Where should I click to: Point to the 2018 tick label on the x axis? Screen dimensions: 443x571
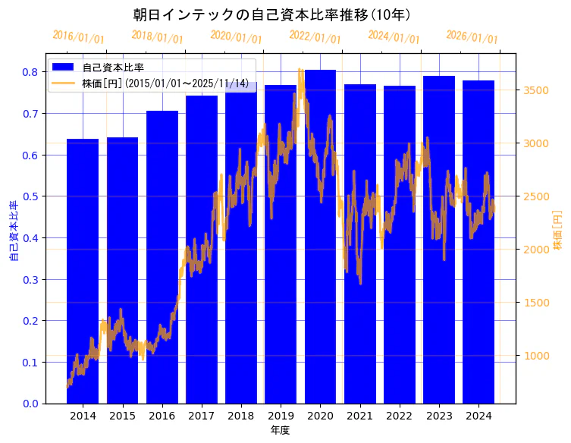240,416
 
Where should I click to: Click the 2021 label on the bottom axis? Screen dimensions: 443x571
359,416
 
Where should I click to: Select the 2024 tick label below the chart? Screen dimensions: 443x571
478,416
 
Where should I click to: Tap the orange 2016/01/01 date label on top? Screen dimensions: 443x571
78,37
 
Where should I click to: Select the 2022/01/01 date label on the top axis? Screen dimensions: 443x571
315,37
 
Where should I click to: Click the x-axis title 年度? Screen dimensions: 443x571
280,430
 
